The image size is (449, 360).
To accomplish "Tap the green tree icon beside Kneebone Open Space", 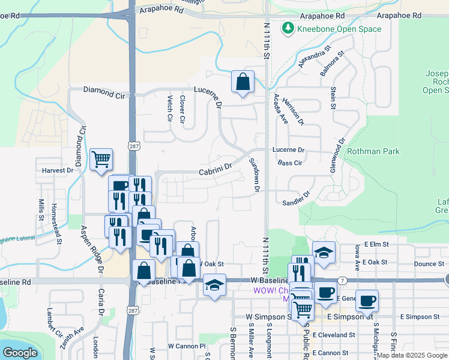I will point(289,28).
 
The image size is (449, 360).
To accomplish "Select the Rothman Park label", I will point(373,152).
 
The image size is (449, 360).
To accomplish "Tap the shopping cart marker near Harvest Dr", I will point(101,160).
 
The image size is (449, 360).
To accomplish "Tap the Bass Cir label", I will point(289,163).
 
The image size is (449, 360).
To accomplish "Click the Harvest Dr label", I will point(57,170).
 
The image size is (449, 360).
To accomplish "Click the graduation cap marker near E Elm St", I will point(324,253).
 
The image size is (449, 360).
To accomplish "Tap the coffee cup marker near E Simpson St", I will point(367,301).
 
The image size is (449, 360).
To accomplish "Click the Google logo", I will point(19,353).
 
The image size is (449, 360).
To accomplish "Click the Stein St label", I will point(333,98).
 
